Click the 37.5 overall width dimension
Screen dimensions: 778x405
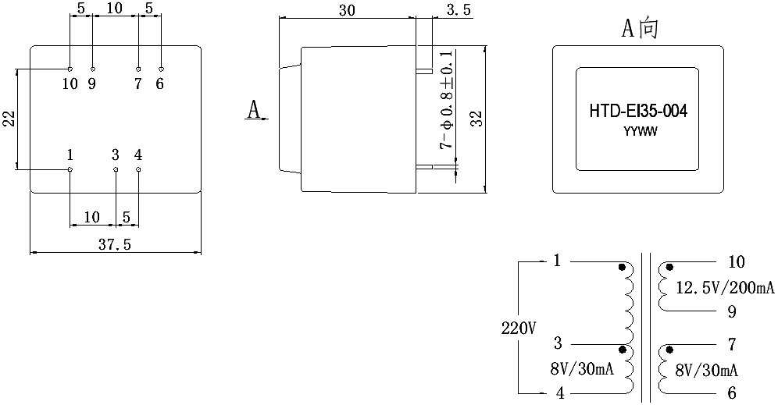[x=114, y=244]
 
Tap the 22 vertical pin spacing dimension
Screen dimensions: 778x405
[x=9, y=119]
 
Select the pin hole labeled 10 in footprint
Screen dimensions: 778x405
[x=70, y=69]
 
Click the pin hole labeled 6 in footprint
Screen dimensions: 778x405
[x=161, y=69]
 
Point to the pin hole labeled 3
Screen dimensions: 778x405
[x=116, y=169]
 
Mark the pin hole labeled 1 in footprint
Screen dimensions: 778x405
[x=70, y=169]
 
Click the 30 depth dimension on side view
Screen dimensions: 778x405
[x=347, y=10]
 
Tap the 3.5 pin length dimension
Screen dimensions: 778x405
[x=458, y=10]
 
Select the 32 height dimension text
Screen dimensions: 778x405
[x=476, y=119]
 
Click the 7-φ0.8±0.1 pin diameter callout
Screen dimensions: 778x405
[x=447, y=99]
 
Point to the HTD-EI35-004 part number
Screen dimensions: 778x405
[x=638, y=111]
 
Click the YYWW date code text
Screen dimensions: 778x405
[x=640, y=132]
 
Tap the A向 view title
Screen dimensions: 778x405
[x=640, y=28]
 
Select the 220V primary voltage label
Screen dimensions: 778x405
[x=518, y=329]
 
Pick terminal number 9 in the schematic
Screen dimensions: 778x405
[x=732, y=312]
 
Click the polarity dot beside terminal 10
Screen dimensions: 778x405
[x=669, y=268]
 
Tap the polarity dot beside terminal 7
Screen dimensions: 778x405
[x=669, y=350]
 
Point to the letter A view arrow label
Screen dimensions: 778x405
[x=254, y=109]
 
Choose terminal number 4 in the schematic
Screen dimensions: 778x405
[x=560, y=393]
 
